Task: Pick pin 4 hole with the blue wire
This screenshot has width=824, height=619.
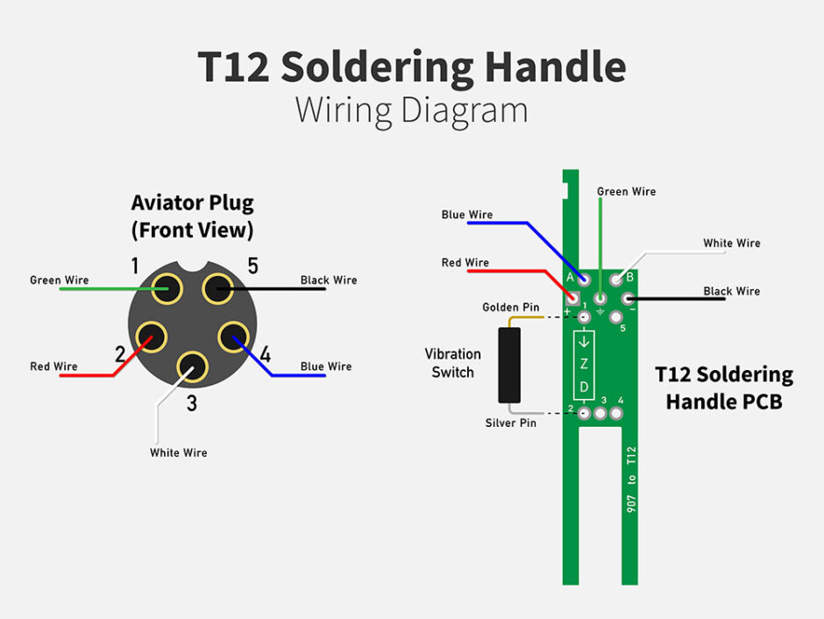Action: point(235,338)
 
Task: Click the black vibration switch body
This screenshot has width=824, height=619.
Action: point(508,365)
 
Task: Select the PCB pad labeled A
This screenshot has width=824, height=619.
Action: point(584,279)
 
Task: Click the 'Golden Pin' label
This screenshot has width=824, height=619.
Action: point(510,308)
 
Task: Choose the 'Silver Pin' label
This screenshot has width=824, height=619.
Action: point(510,423)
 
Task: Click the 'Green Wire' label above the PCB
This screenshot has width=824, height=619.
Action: point(626,191)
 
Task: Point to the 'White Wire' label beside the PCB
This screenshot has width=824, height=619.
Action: point(731,243)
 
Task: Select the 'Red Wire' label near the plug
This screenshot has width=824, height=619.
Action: point(53,366)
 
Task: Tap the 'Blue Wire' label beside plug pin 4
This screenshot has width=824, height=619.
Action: point(325,366)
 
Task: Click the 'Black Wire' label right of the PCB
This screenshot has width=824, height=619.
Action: point(731,291)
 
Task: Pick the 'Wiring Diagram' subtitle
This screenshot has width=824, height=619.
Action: point(411,111)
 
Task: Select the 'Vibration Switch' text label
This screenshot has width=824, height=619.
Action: point(452,363)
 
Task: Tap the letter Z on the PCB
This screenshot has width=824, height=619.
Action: point(584,364)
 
